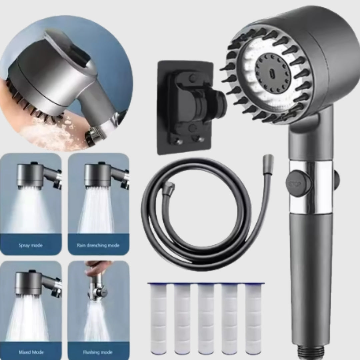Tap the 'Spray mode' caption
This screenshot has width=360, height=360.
pos(31,246)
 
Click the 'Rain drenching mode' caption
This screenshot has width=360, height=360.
pos(98,246)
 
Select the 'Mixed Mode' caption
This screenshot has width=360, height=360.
pos(31,352)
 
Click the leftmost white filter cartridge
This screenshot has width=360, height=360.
pos(158,318)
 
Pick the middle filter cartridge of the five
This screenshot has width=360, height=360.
pos(206,318)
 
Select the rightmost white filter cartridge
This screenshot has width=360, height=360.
pos(253,318)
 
